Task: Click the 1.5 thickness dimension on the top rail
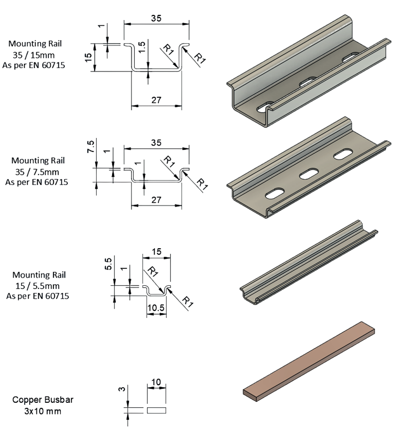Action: pos(142,47)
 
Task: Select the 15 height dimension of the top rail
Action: pos(88,57)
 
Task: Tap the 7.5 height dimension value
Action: pos(90,147)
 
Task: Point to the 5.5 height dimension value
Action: pos(108,263)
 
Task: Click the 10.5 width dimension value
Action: pos(156,307)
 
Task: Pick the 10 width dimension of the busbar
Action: pos(156,382)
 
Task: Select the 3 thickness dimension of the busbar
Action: pos(121,389)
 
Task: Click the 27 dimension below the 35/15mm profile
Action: pos(156,100)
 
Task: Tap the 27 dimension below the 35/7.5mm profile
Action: pos(156,200)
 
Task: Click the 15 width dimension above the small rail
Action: pos(156,251)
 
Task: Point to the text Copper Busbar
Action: pos(43,400)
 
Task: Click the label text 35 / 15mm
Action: pos(34,55)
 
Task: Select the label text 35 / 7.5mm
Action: pos(37,172)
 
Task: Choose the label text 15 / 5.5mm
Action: pos(38,286)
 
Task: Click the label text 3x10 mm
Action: pos(43,411)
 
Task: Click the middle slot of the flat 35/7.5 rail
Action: pos(309,174)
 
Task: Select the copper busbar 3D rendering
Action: pos(309,362)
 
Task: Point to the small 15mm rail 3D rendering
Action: pos(309,263)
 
